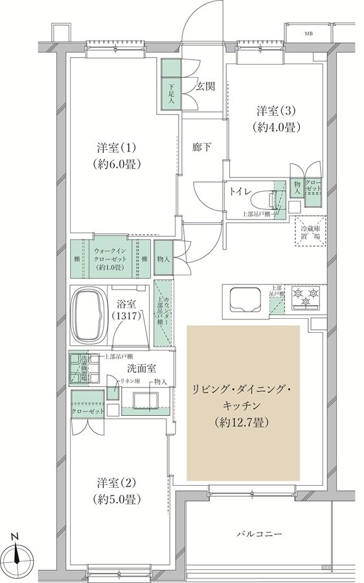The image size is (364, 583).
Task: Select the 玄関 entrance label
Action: (x=206, y=87)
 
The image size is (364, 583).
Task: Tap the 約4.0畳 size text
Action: (x=277, y=127)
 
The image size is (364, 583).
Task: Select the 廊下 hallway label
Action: (x=201, y=148)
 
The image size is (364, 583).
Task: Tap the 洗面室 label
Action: (x=142, y=367)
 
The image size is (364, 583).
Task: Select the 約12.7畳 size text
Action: (x=243, y=422)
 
